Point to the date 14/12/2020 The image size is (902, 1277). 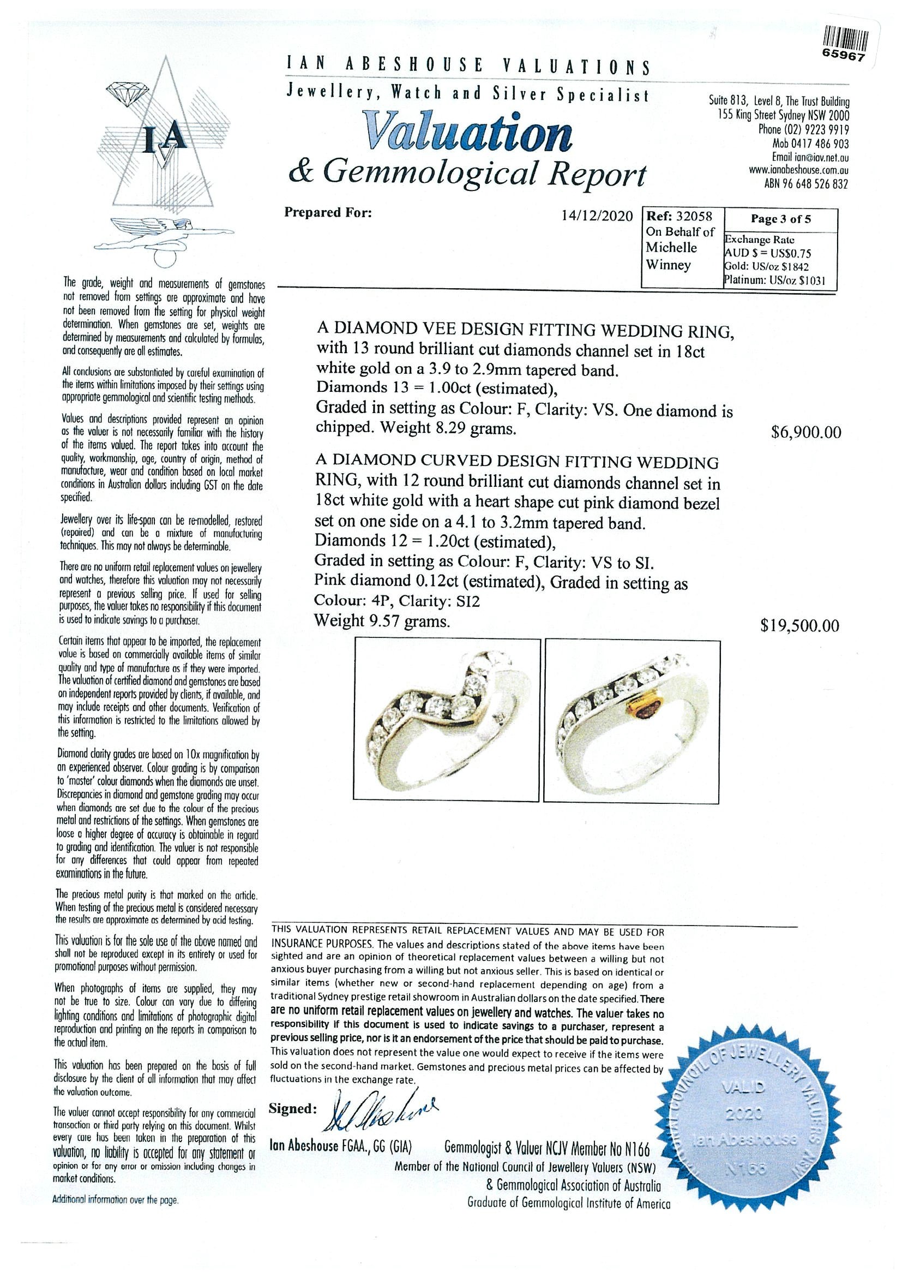pos(598,216)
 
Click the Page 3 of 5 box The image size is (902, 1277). pos(781,219)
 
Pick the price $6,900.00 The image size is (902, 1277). pos(807,432)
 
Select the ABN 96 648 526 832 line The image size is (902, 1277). pos(806,184)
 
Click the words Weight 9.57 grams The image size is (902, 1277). pos(382,620)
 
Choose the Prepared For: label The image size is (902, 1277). pos(327,212)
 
